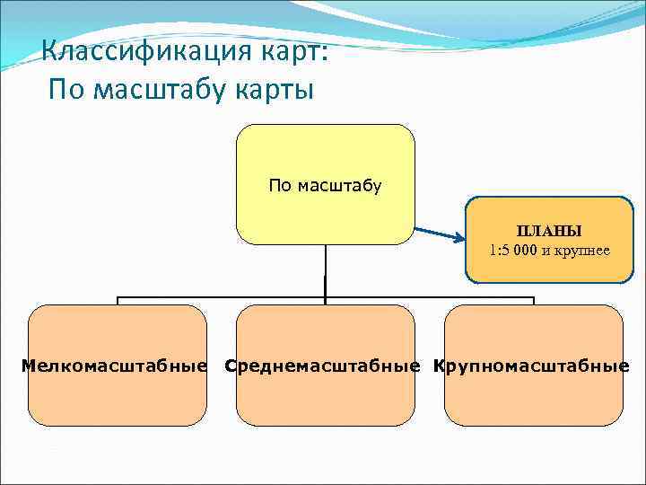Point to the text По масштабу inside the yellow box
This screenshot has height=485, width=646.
pyautogui.click(x=325, y=186)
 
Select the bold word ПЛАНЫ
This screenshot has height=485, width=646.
pyautogui.click(x=549, y=232)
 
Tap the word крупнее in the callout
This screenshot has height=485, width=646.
pyautogui.click(x=581, y=250)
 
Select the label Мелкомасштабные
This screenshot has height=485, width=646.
pyautogui.click(x=115, y=366)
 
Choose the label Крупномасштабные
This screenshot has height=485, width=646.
pyautogui.click(x=531, y=366)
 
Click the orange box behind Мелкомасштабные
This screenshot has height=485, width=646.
pyautogui.click(x=118, y=400)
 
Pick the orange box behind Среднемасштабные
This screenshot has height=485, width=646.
pyautogui.click(x=326, y=400)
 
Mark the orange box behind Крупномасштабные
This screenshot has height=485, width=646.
pyautogui.click(x=534, y=400)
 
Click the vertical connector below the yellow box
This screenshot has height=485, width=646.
pyautogui.click(x=325, y=269)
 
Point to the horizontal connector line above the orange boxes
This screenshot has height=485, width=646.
pyautogui.click(x=224, y=297)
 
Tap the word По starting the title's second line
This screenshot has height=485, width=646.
pyautogui.click(x=68, y=91)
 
